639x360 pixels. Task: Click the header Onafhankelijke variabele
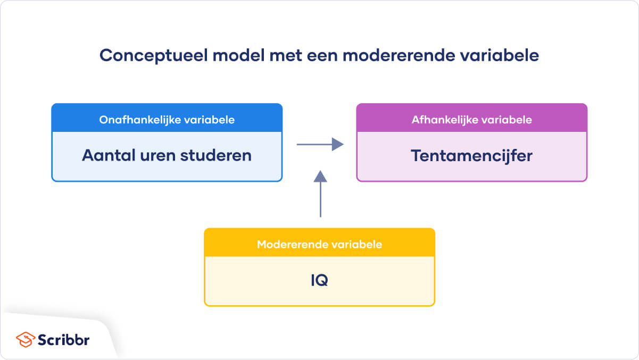[x=167, y=120]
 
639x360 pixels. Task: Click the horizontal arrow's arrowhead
[x=337, y=144]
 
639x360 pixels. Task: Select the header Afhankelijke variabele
[x=471, y=120]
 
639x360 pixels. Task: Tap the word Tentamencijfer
[x=471, y=156]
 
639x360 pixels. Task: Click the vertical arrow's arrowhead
[x=320, y=177]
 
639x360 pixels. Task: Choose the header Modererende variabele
[x=319, y=245]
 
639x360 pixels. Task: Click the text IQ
[x=319, y=281]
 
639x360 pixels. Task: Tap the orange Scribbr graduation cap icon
[x=24, y=339]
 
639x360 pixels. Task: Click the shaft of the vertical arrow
[x=320, y=199]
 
